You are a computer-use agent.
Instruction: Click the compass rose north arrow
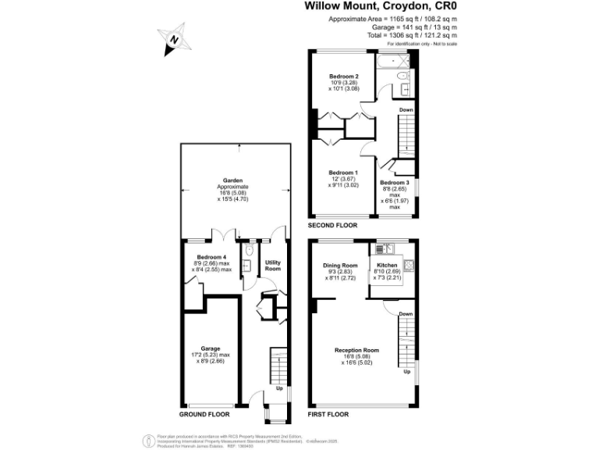175,38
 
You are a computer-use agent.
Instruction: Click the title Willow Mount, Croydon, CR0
380,6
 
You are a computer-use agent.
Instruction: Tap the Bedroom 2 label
343,77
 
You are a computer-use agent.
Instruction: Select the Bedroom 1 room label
343,172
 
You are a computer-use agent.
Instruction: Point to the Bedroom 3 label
395,182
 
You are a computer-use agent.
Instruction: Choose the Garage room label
211,348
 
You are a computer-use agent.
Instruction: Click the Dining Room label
340,266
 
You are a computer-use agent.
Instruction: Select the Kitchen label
388,266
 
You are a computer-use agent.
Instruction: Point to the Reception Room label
356,349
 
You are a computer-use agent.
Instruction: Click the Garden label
232,181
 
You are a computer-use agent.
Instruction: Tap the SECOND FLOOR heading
332,225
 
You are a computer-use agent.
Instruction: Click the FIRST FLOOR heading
328,415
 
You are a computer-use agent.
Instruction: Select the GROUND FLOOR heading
204,415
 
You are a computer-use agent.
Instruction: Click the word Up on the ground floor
278,388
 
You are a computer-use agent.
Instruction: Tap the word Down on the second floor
406,110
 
